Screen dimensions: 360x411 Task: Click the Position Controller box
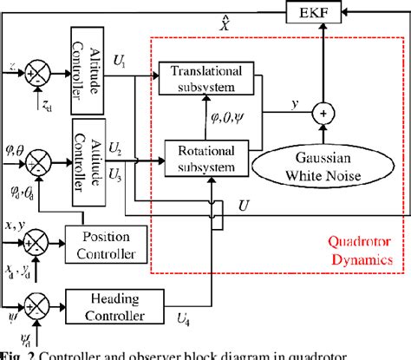tap(108, 245)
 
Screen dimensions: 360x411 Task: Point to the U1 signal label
tap(120, 63)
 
